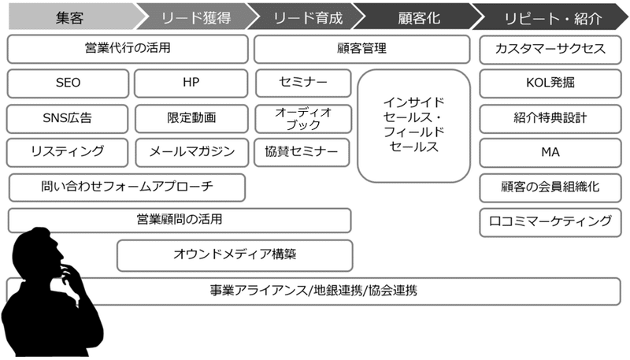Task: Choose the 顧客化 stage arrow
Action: click(x=419, y=17)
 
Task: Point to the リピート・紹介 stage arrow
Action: click(x=551, y=17)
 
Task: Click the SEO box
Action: click(x=68, y=84)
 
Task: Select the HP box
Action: click(x=191, y=84)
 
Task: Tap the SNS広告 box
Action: click(x=67, y=118)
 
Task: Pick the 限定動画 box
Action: click(x=191, y=118)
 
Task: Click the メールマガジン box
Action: click(x=192, y=152)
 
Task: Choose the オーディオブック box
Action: click(x=303, y=118)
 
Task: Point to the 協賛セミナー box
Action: click(x=302, y=152)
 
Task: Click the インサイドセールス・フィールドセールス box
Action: click(x=414, y=126)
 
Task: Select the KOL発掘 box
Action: click(x=550, y=84)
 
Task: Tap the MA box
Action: click(x=550, y=153)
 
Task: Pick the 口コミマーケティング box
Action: click(x=550, y=222)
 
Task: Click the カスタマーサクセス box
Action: click(x=550, y=49)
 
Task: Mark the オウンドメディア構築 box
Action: click(x=235, y=255)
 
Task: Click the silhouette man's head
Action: click(x=38, y=250)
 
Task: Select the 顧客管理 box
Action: click(x=362, y=49)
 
